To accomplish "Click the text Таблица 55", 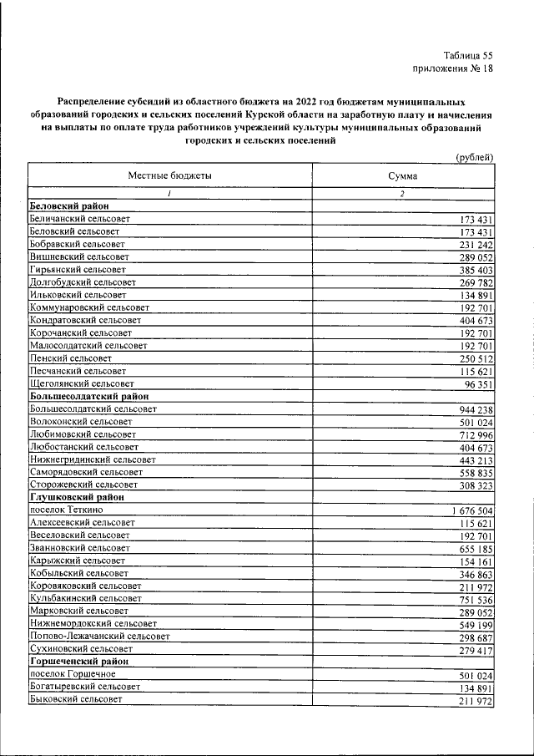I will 469,54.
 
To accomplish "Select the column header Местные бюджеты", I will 169,176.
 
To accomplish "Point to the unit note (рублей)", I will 474,157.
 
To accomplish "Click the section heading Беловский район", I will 69,205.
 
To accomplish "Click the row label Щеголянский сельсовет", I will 80,383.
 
